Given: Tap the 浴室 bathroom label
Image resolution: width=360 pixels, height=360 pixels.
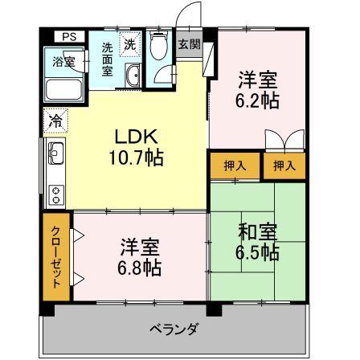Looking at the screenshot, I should pos(64,61).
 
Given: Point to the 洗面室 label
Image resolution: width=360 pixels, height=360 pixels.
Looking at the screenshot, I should pos(108,57).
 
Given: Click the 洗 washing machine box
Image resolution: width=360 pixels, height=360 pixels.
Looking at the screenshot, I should pos(129,45).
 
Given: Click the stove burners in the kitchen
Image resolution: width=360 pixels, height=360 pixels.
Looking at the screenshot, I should pos(55,193).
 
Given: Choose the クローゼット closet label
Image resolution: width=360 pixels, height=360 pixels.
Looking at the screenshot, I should pos(56,258).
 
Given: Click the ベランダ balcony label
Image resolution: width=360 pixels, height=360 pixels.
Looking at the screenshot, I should pos(174,330).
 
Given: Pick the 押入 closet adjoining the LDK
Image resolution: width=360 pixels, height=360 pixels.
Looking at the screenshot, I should pos(234,166).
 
